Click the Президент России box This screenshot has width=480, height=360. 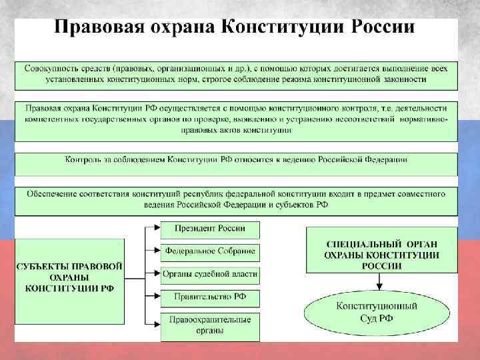point(210,229)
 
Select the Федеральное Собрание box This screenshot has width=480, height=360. point(210,252)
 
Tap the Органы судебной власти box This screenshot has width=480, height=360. point(210,275)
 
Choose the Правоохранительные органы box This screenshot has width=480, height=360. point(210,325)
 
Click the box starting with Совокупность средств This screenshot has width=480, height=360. point(237,75)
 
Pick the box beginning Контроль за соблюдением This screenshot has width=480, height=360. point(237,161)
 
